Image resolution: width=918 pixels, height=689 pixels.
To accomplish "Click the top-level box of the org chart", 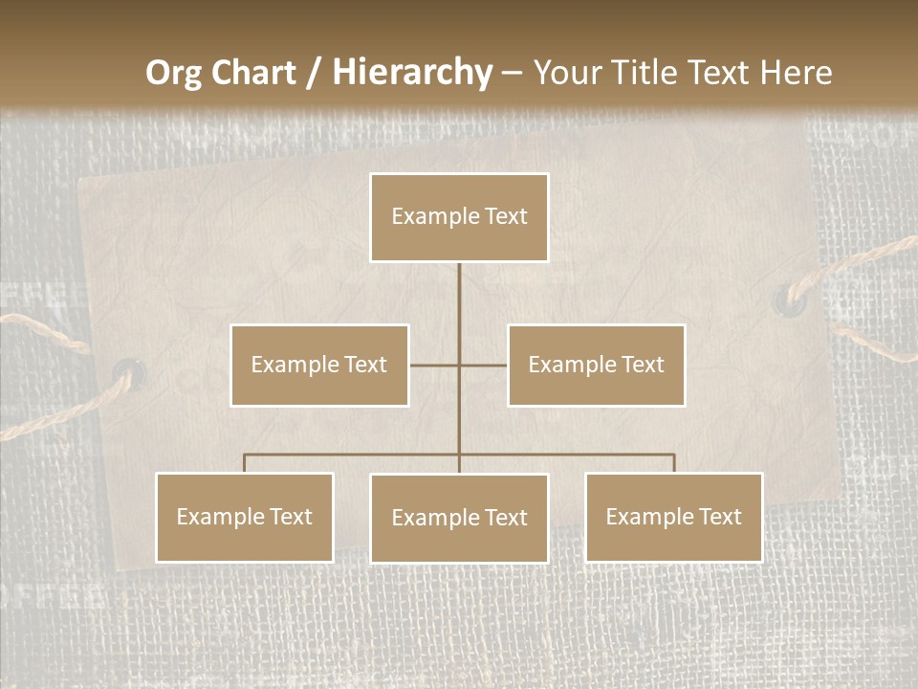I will [459, 217].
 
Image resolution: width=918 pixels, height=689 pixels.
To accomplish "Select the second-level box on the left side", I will [319, 365].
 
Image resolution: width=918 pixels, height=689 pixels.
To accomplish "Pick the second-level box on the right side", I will [596, 365].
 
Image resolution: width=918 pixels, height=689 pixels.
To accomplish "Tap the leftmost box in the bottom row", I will [245, 517].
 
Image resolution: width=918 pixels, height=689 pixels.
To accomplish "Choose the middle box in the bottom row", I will [459, 518].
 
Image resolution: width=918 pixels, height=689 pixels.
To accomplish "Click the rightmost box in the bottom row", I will [673, 517].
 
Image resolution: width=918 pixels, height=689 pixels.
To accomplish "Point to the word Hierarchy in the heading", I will [411, 73].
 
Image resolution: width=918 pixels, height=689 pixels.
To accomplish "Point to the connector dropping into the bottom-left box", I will [245, 463].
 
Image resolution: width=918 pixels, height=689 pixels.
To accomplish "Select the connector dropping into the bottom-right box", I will [673, 463].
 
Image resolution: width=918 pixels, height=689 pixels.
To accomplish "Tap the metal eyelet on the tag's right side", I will [790, 298].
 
